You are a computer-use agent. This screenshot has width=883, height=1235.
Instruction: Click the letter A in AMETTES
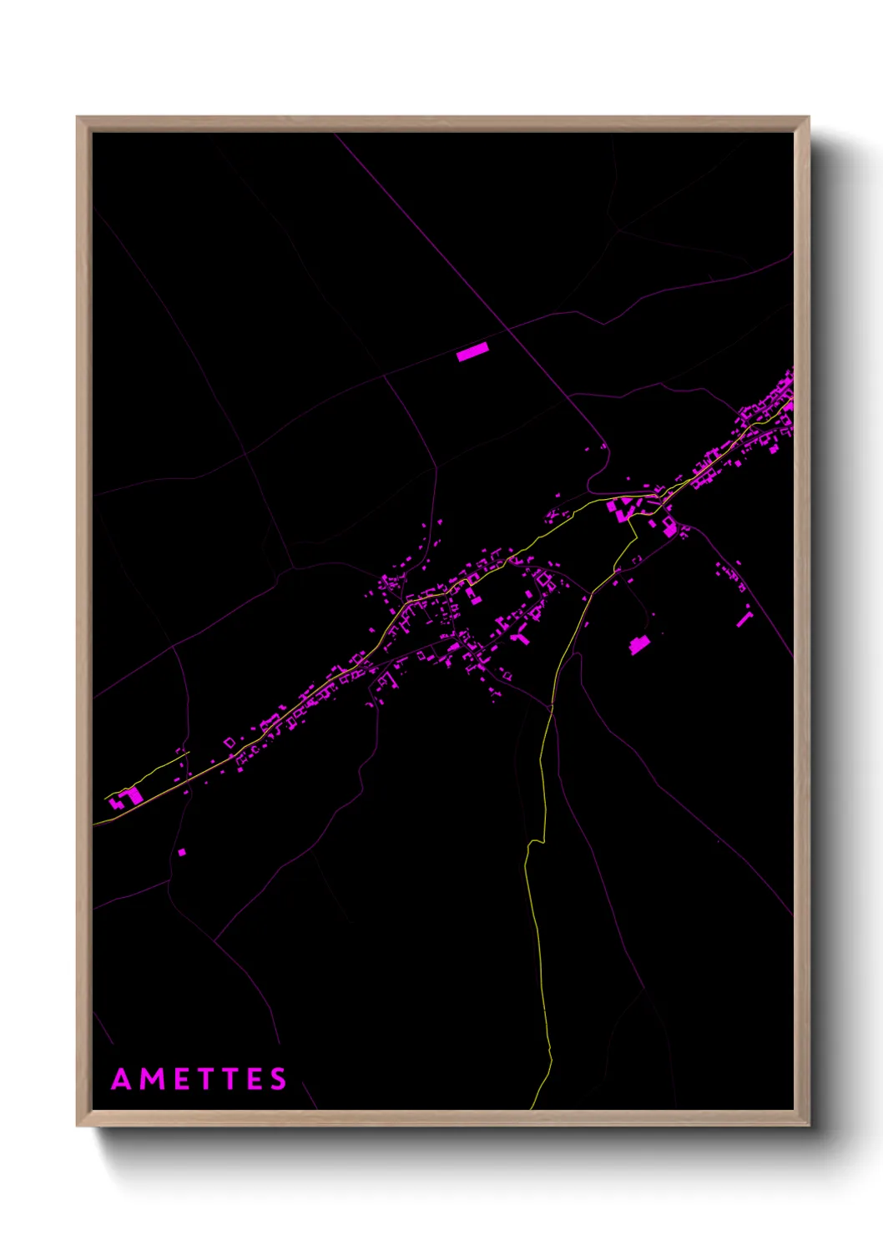122,1079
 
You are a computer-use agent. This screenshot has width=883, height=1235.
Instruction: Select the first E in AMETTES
179,1079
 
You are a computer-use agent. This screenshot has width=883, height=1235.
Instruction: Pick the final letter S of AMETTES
279,1079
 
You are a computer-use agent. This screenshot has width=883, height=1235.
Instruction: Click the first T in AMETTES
204,1079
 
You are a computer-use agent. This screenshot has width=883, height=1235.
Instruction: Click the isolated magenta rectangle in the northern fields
472,352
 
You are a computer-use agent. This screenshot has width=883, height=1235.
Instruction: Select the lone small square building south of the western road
182,852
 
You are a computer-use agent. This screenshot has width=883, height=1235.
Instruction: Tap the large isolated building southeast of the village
639,644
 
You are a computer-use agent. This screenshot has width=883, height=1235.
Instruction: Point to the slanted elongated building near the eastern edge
744,619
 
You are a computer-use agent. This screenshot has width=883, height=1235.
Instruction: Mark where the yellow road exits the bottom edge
532,1107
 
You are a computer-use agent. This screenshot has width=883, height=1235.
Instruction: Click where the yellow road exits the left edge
94,824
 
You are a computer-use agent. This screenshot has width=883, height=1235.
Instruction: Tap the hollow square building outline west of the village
230,742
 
